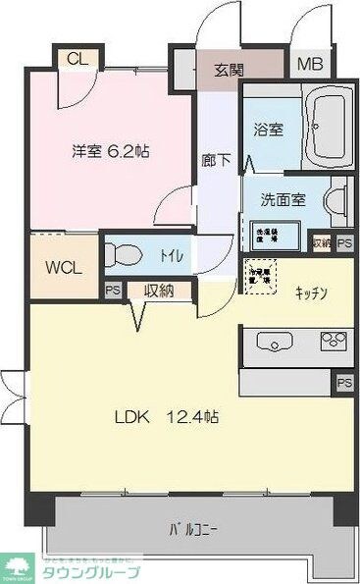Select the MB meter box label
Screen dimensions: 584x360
[x=309, y=66]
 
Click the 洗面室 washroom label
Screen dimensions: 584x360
[x=282, y=199]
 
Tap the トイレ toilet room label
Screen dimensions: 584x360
[x=171, y=256]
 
